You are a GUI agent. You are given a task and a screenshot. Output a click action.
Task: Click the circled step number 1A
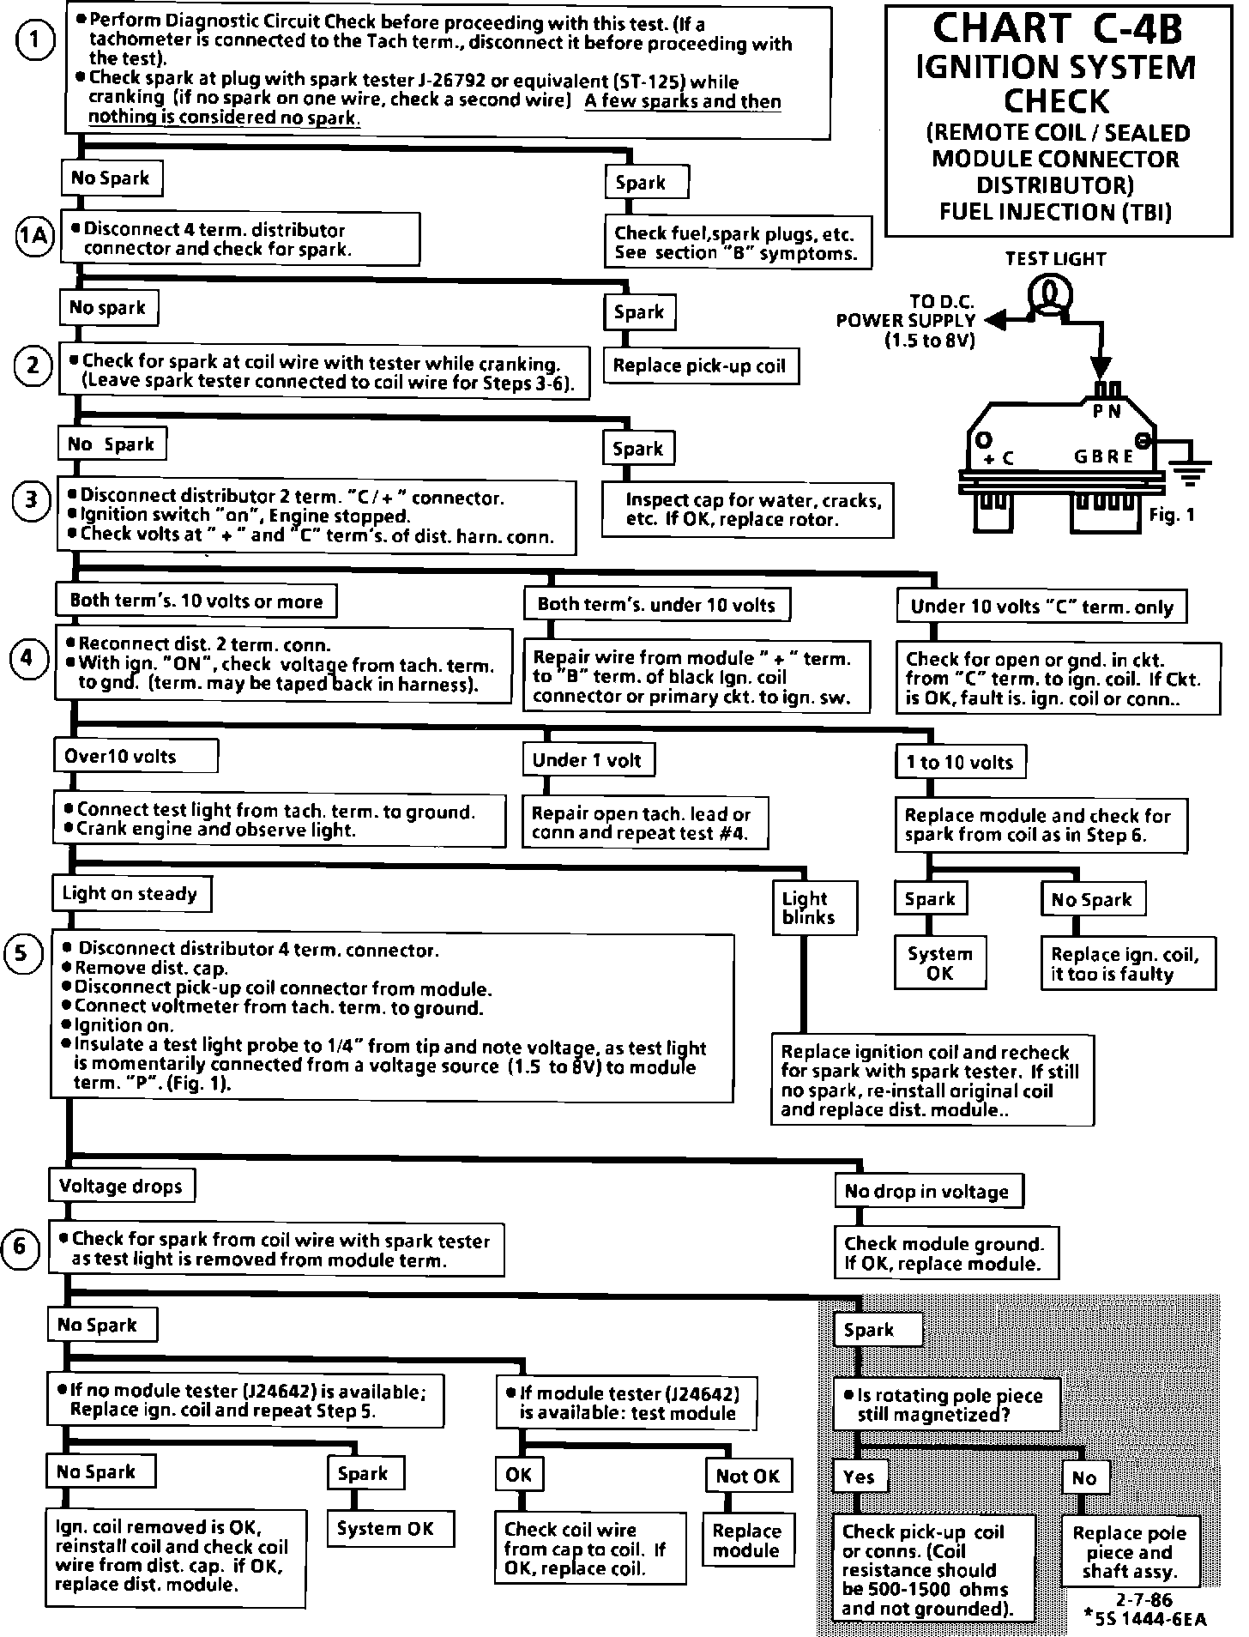point(34,236)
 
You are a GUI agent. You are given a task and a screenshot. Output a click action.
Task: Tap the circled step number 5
point(23,955)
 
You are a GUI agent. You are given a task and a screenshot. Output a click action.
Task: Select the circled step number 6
point(21,1247)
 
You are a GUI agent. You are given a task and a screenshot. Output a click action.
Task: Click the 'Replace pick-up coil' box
point(699,366)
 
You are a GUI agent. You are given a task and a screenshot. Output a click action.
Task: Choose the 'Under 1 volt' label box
point(588,760)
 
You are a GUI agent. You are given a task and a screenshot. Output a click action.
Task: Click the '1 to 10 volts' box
point(960,762)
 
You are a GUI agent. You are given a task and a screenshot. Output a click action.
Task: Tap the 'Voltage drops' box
point(121,1187)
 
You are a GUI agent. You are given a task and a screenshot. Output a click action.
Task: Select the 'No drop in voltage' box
point(926,1191)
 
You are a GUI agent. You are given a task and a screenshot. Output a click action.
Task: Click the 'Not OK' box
point(747,1476)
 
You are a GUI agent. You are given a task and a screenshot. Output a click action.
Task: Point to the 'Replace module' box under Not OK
point(746,1541)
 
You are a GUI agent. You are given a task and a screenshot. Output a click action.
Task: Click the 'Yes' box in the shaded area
point(859,1477)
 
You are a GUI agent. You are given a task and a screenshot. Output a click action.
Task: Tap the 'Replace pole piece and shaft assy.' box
point(1129,1552)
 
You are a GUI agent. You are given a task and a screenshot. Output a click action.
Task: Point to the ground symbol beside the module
point(1194,470)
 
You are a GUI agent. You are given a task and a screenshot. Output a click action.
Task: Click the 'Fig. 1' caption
point(1171,515)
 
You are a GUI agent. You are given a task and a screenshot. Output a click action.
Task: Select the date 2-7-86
point(1144,1600)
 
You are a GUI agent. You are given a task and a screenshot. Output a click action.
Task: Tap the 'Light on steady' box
point(130,894)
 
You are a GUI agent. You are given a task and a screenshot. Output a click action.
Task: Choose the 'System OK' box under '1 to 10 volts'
point(939,963)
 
